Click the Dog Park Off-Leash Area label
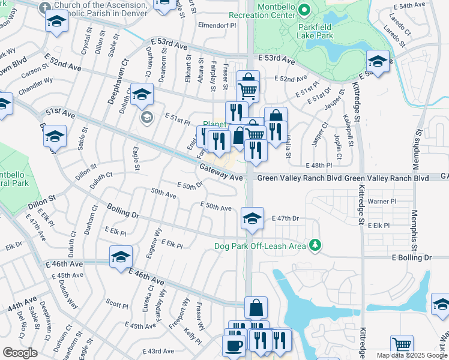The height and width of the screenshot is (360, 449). click(x=261, y=246)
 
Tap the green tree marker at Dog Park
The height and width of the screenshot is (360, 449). click(x=314, y=245)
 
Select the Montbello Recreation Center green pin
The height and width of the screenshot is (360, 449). click(x=304, y=10)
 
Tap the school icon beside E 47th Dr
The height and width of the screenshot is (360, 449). click(x=252, y=218)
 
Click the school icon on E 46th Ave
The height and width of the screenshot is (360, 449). click(x=121, y=257)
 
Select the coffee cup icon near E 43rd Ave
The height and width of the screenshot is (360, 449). click(x=233, y=346)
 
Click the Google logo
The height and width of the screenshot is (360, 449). click(x=20, y=353)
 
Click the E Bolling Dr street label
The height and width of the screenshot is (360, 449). click(x=411, y=257)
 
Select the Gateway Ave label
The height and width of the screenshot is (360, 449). click(x=221, y=173)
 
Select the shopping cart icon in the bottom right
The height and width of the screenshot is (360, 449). click(x=402, y=345)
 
